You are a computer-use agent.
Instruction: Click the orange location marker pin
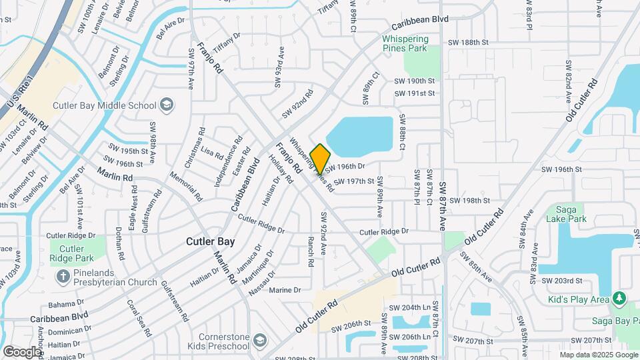320,158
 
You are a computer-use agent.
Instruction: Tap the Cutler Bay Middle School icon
166,105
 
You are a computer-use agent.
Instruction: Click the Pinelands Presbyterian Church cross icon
63,276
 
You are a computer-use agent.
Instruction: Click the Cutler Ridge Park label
67,253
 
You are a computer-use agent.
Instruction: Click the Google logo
22,351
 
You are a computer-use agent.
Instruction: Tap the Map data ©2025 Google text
597,355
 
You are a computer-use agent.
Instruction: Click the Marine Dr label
285,290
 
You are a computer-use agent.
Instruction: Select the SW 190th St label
414,80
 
